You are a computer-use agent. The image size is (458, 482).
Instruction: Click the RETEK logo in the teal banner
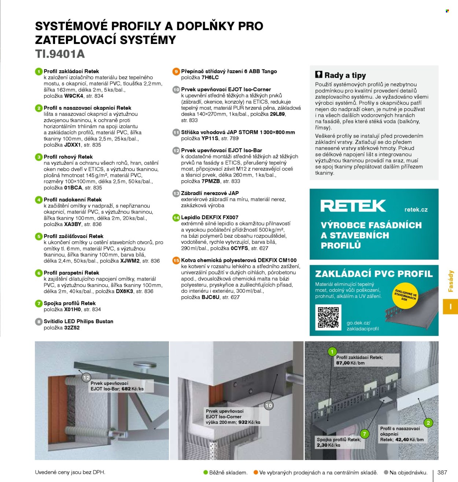tap(353, 205)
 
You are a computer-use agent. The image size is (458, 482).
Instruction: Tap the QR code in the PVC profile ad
tap(328, 318)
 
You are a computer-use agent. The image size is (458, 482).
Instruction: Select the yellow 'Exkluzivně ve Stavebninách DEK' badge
tap(405, 296)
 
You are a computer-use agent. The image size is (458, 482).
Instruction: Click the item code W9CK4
tap(74, 96)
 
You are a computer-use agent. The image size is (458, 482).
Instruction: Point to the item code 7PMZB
tap(211, 181)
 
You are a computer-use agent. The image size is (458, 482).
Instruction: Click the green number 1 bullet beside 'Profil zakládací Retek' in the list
tap(39, 71)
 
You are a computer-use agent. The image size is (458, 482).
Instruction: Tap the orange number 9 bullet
tap(176, 71)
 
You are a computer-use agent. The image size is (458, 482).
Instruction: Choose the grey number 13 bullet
tap(176, 193)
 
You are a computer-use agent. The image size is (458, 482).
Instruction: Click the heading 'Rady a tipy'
tap(345, 75)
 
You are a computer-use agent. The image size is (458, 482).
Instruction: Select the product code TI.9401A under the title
tap(60, 54)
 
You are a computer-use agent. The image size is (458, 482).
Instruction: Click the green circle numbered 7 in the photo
tap(365, 434)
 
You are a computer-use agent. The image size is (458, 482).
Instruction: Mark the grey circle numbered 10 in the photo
tap(269, 405)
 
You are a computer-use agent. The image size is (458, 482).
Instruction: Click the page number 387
tap(442, 472)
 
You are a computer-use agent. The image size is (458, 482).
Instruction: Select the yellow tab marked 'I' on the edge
tap(450, 307)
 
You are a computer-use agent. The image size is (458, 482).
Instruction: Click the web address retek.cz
tap(416, 210)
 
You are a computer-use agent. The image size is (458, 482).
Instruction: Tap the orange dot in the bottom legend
tap(256, 472)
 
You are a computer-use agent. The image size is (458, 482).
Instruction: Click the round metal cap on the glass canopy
tap(145, 364)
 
